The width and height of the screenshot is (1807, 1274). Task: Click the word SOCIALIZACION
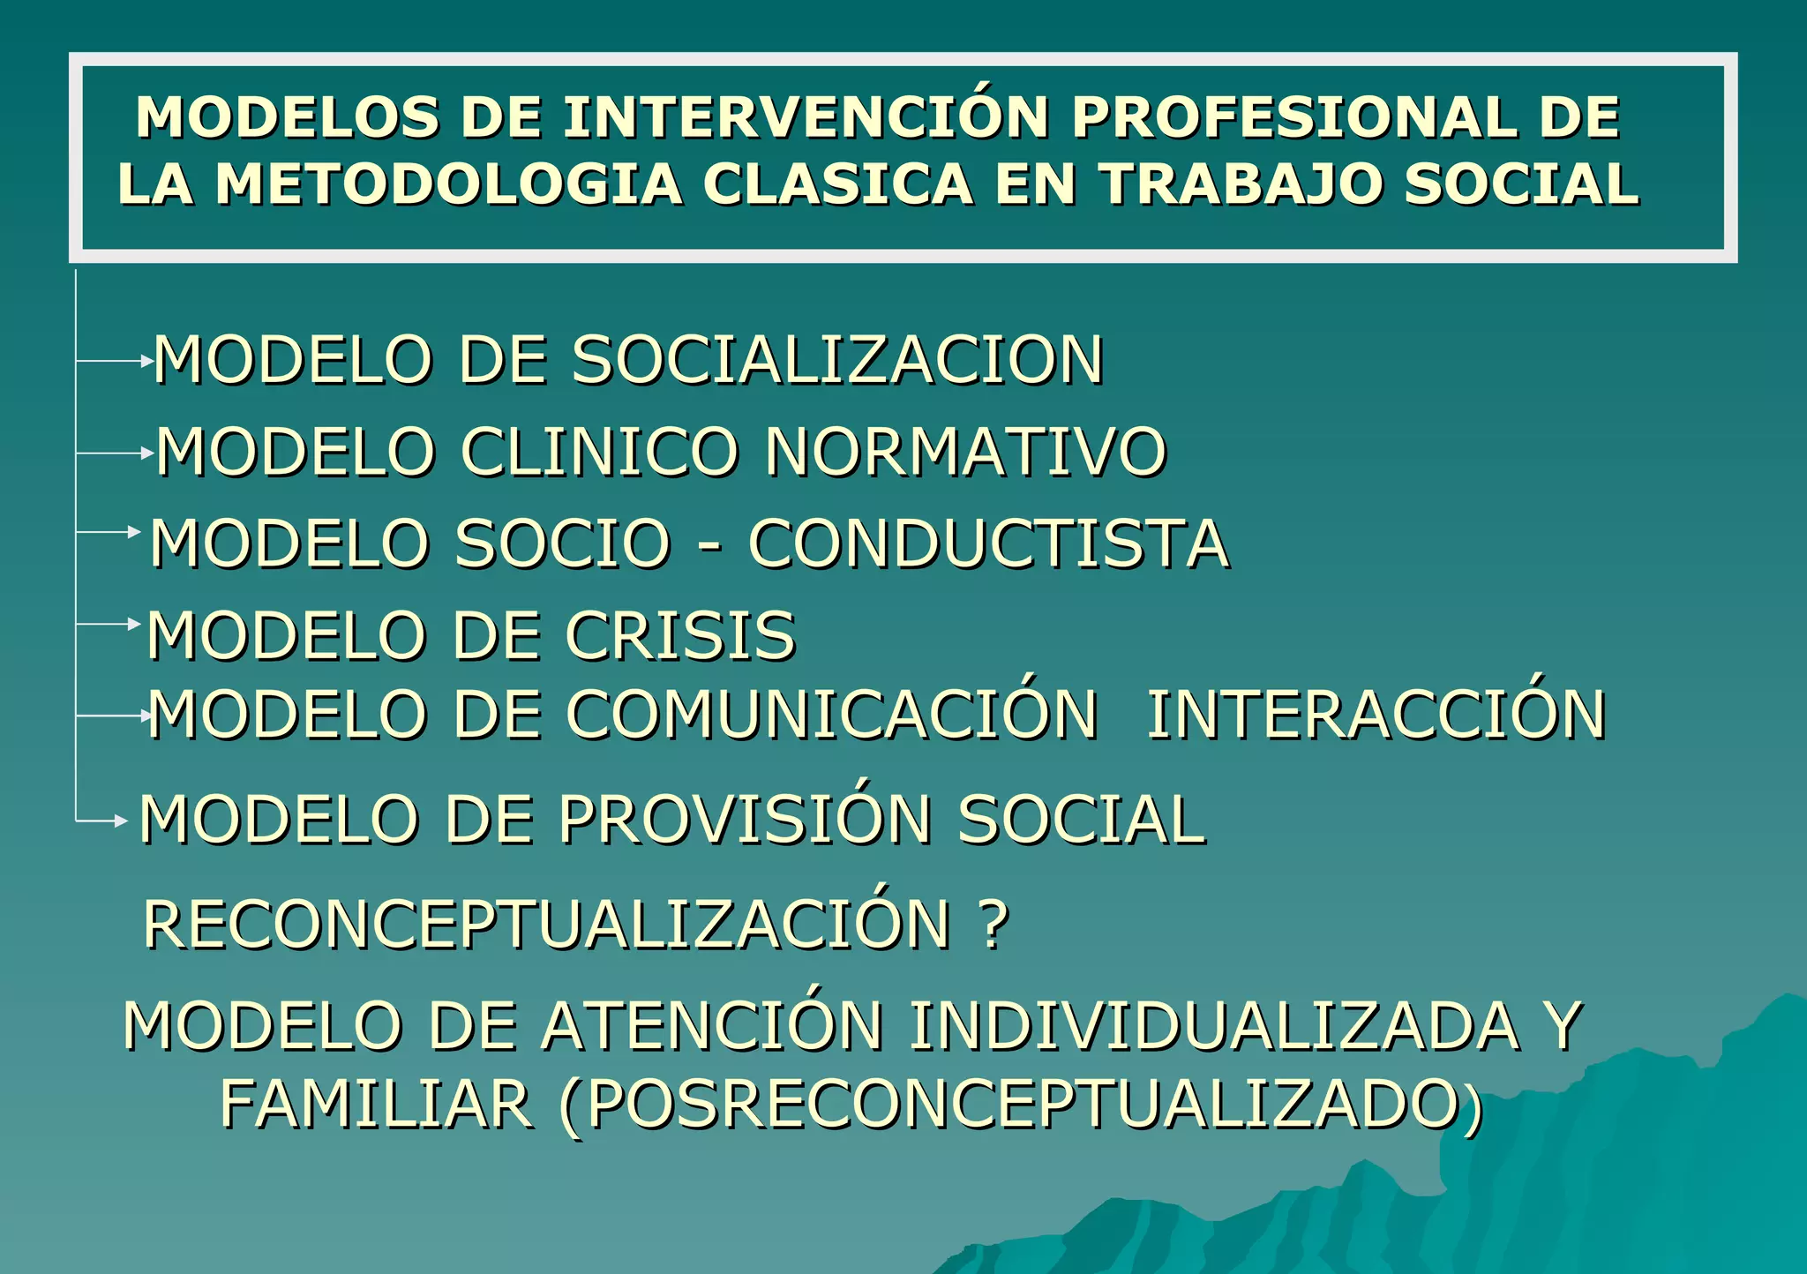point(838,360)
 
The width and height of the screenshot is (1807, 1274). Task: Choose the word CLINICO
point(599,452)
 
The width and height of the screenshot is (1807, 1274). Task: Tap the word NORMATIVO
point(965,452)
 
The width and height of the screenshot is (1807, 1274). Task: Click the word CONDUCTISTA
point(988,543)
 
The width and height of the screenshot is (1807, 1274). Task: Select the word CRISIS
point(680,635)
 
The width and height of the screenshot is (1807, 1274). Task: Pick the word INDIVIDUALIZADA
point(1214,1026)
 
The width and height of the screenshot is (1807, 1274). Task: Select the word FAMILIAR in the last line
point(376,1105)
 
